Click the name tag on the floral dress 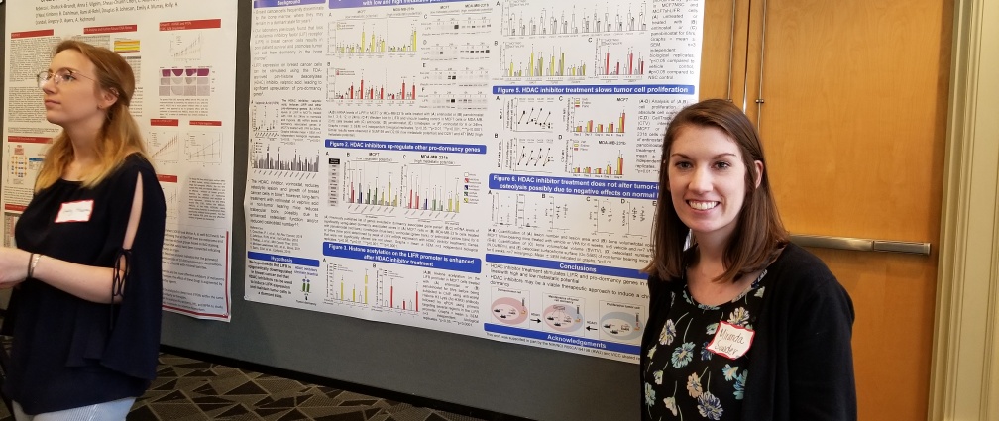(730, 340)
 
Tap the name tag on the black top (73, 211)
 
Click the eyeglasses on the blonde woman (57, 77)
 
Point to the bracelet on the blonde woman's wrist (33, 264)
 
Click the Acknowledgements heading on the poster (556, 338)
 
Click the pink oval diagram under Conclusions (509, 310)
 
